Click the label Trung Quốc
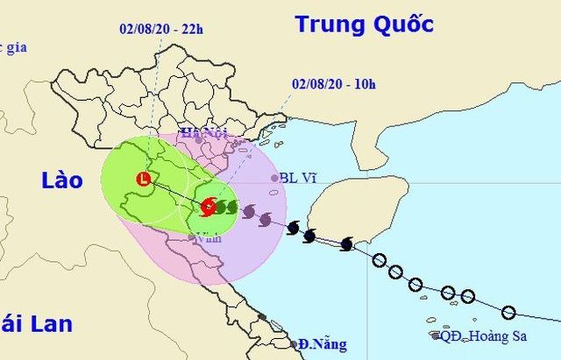point(364,25)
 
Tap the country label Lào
point(61,181)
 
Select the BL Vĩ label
point(298,178)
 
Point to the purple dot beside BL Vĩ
point(273,178)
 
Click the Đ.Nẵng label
point(322,343)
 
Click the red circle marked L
point(143,180)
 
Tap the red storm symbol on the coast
point(208,207)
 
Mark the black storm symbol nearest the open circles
point(346,244)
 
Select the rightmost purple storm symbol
point(266,219)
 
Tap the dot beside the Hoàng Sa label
point(436,335)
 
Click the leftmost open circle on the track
point(380,260)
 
